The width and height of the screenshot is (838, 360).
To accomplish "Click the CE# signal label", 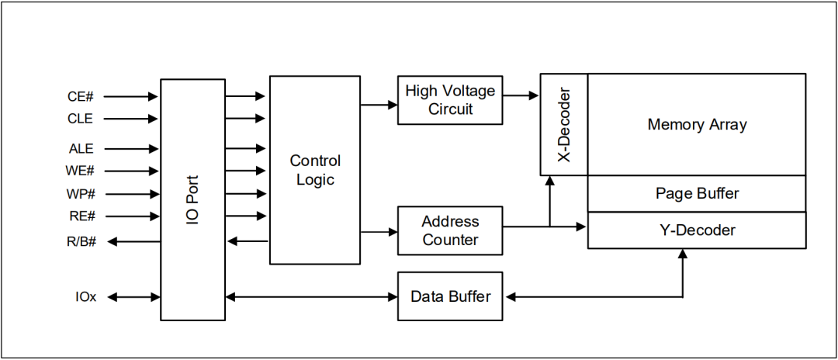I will (81, 97).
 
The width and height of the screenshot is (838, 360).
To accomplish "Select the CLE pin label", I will (80, 119).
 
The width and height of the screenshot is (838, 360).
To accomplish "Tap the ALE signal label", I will (81, 148).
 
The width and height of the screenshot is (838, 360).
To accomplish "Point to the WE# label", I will (81, 171).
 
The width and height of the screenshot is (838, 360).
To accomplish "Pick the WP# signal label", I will (81, 193).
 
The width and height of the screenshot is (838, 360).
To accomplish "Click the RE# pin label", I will (81, 216).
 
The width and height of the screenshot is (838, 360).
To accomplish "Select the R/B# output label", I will (81, 241).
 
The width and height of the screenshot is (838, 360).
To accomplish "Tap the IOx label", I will (86, 296).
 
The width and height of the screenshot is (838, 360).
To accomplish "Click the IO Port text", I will (193, 199).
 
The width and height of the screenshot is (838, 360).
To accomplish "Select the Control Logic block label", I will (315, 170).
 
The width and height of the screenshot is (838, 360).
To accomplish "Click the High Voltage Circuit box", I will (450, 100).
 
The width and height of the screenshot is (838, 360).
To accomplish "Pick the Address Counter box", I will (450, 230).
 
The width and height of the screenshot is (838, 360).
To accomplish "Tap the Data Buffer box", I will (450, 296).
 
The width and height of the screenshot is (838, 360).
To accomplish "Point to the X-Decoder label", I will (564, 125).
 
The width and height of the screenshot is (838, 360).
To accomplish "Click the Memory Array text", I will (697, 124).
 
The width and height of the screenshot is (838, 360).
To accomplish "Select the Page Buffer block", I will (697, 193).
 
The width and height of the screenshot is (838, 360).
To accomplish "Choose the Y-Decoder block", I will (697, 230).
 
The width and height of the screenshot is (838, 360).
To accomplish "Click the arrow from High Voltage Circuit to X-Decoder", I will (521, 95).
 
